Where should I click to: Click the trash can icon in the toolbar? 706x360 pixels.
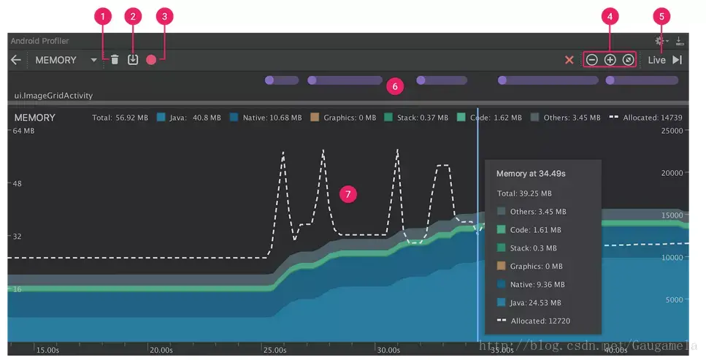115,60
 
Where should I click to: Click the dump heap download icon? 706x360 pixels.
133,60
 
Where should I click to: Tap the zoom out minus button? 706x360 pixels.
592,60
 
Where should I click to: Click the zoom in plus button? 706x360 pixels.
610,60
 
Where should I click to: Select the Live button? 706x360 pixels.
656,60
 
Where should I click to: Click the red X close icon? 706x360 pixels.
569,60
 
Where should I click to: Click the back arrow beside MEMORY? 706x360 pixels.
15,60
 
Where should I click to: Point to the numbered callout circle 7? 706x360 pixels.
349,194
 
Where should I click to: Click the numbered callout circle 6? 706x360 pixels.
395,86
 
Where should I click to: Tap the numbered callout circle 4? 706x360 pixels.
610,15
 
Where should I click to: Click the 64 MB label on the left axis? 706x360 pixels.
23,131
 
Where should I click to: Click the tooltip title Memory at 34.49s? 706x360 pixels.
531,174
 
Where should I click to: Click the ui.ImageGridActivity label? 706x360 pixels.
54,96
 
